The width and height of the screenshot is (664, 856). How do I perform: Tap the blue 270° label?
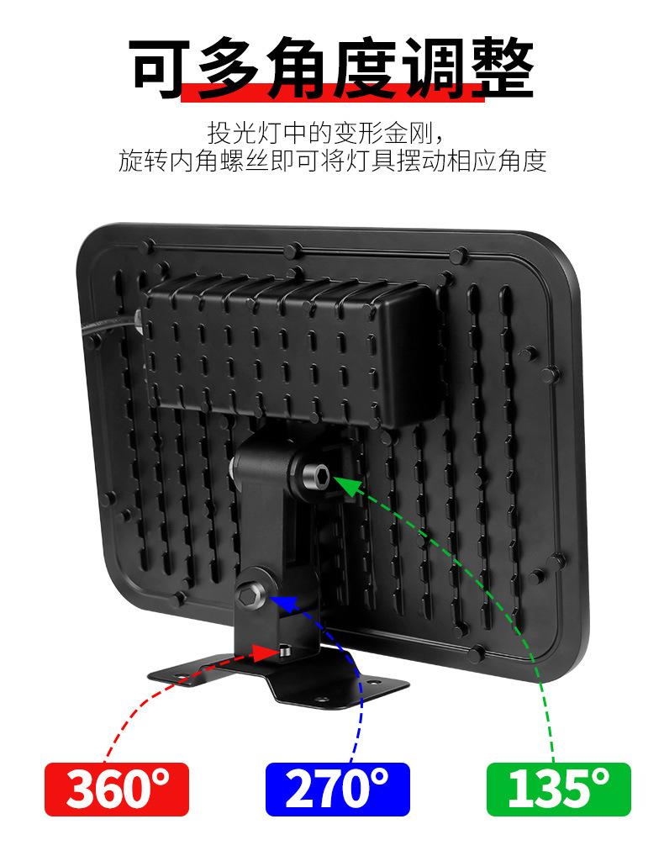click(337, 790)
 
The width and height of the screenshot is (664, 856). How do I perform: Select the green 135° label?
click(558, 790)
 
